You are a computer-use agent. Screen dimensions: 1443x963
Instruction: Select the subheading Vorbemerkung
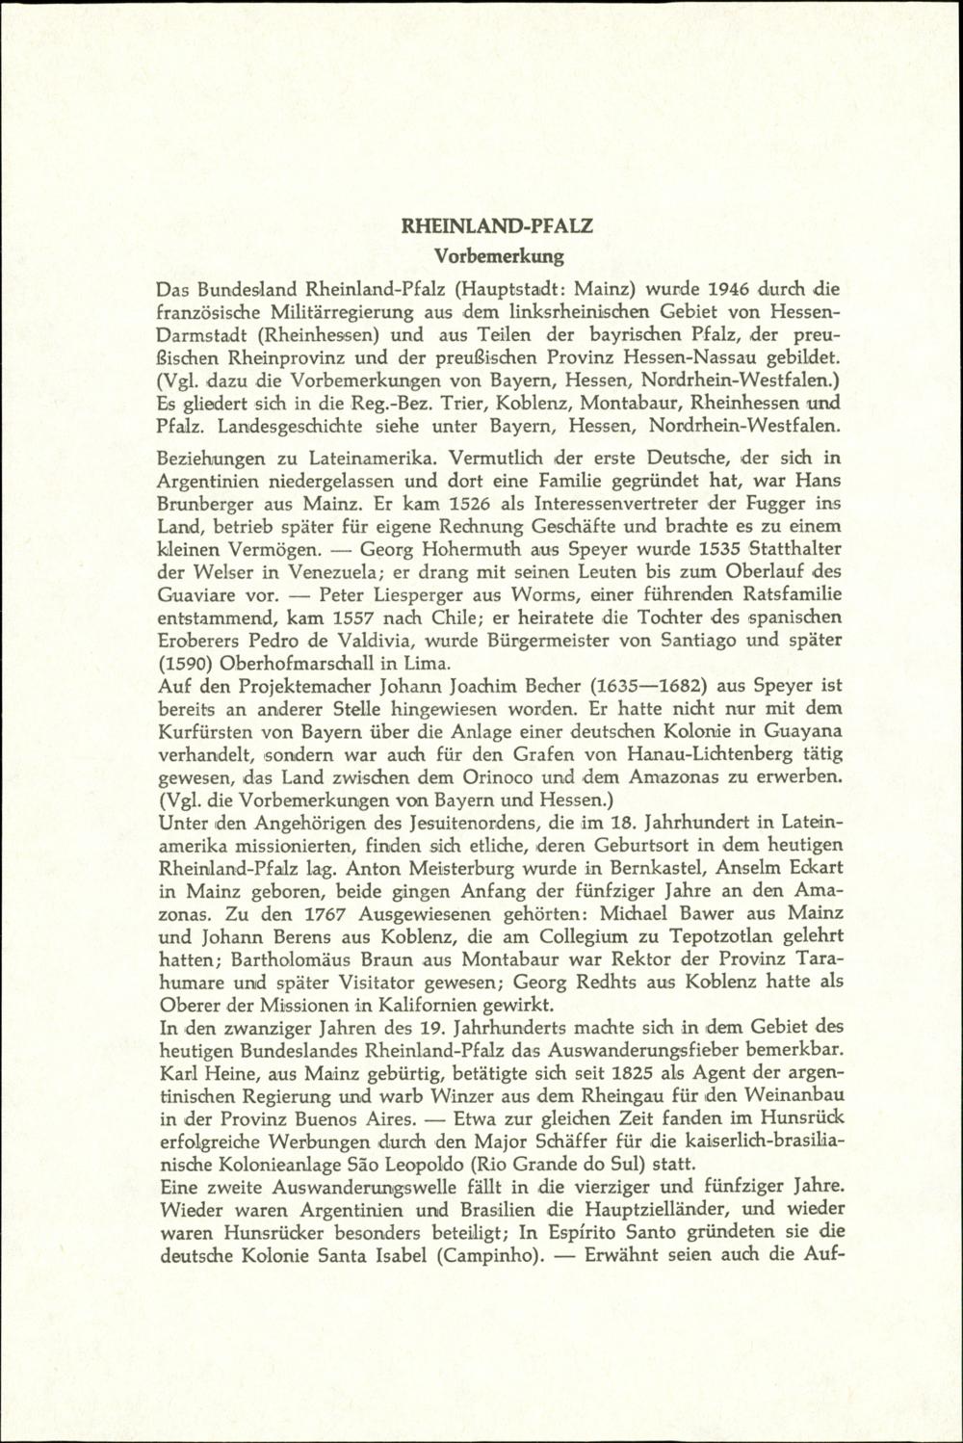point(498,256)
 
